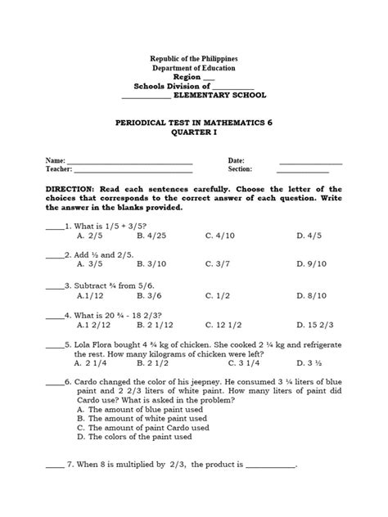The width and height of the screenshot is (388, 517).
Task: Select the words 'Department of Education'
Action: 194,71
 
